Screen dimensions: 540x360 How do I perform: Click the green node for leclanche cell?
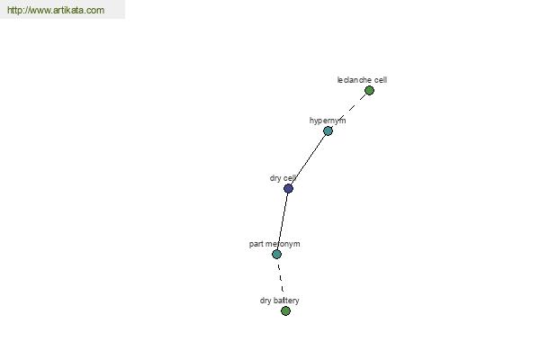tap(369, 91)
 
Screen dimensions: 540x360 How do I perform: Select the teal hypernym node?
tap(328, 130)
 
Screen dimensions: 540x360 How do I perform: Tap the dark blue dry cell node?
tap(288, 188)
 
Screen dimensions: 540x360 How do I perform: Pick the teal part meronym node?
tap(276, 254)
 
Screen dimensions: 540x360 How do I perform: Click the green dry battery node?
tap(285, 311)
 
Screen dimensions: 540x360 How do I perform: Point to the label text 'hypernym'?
tap(328, 121)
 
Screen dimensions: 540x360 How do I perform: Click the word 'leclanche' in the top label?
tap(354, 80)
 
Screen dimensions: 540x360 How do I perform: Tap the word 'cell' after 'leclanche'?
tap(381, 80)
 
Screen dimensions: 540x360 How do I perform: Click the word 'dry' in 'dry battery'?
tap(265, 301)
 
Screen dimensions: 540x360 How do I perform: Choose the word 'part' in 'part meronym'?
tap(256, 244)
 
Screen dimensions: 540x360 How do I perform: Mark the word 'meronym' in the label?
tap(283, 244)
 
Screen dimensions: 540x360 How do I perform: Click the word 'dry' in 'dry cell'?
tap(275, 178)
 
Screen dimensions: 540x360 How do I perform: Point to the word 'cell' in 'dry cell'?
tap(290, 178)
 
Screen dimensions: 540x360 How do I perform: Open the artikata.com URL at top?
tap(56, 10)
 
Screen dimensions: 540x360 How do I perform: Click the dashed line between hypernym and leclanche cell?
tap(348, 111)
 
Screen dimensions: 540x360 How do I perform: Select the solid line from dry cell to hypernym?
tap(308, 160)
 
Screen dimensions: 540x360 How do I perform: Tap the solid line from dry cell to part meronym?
tap(283, 221)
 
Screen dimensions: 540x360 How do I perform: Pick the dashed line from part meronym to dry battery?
tap(281, 278)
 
